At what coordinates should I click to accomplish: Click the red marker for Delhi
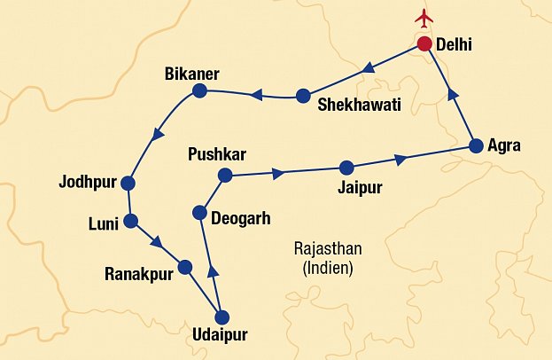[x=424, y=44]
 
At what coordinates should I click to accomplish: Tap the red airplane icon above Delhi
[x=425, y=18]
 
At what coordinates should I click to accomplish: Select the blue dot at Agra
[x=476, y=146]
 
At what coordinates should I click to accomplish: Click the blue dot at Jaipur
[x=346, y=167]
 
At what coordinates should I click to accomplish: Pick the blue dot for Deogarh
[x=200, y=214]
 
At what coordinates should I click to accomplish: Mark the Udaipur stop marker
[x=222, y=317]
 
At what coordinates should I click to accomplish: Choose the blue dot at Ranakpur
[x=185, y=266]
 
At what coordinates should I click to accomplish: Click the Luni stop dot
[x=131, y=221]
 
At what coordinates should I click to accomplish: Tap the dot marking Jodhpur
[x=128, y=184]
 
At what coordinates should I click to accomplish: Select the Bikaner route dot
[x=199, y=90]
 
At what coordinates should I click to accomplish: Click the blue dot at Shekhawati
[x=303, y=96]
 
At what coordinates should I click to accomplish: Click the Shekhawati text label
[x=359, y=105]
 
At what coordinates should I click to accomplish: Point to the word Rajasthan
[x=327, y=248]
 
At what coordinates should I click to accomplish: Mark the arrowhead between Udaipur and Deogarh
[x=212, y=272]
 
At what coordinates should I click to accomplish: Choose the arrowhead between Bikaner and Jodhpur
[x=158, y=135]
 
